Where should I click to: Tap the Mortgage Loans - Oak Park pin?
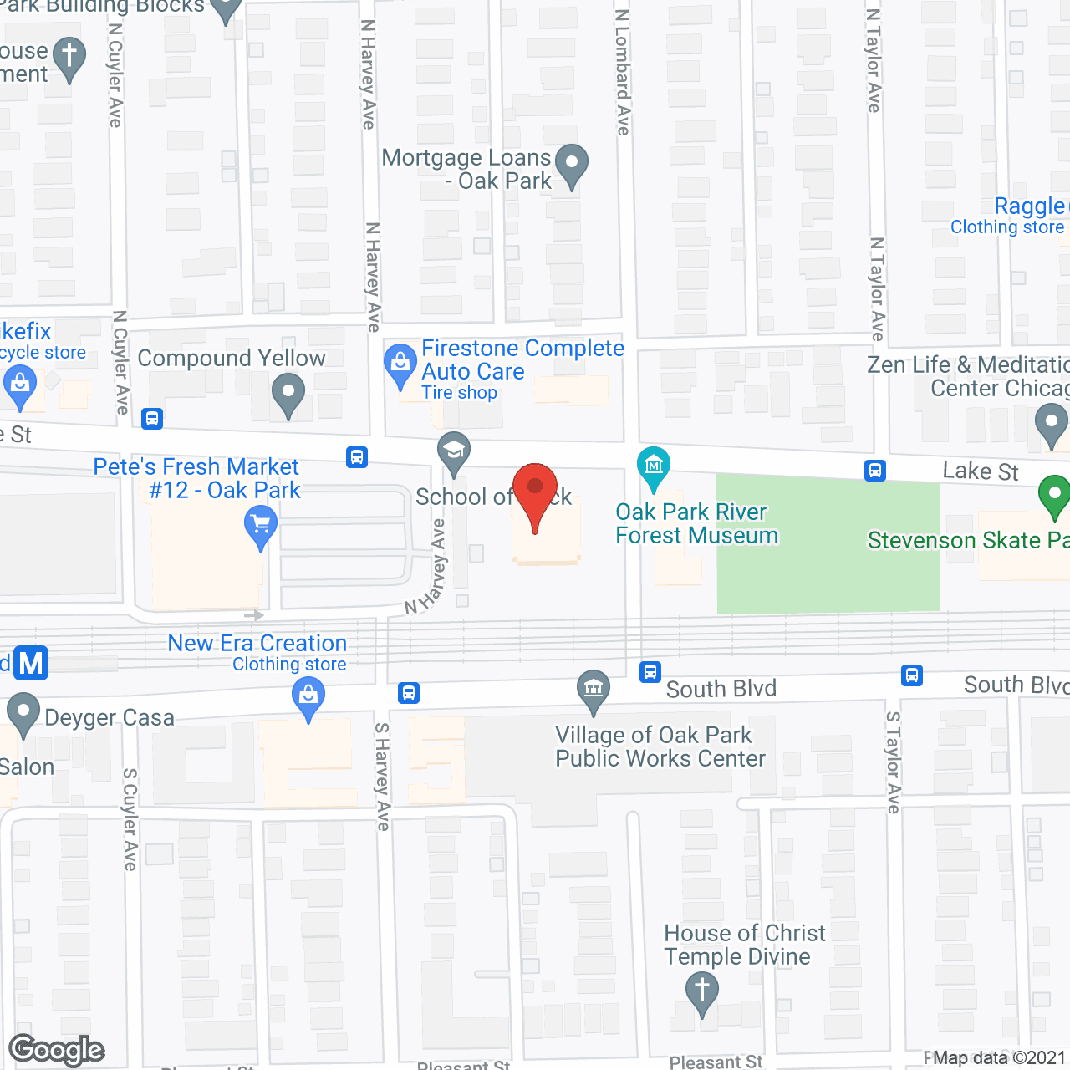pyautogui.click(x=572, y=164)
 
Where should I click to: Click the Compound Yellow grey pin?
pyautogui.click(x=288, y=393)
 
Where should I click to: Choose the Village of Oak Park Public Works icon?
pyautogui.click(x=594, y=690)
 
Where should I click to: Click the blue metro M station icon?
pyautogui.click(x=31, y=663)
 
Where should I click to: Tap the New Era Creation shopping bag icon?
pyautogui.click(x=308, y=696)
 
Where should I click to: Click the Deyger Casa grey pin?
pyautogui.click(x=23, y=714)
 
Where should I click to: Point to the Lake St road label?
pyautogui.click(x=980, y=471)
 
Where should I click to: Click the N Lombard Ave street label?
pyautogui.click(x=623, y=73)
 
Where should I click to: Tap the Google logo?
pyautogui.click(x=57, y=1050)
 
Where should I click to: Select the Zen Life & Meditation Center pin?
pyautogui.click(x=1051, y=423)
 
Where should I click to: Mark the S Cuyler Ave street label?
pyautogui.click(x=130, y=819)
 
